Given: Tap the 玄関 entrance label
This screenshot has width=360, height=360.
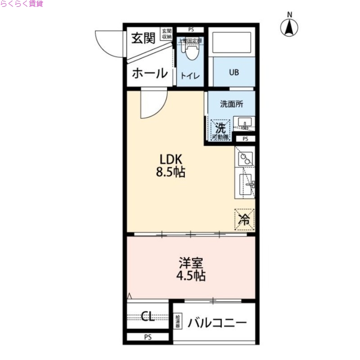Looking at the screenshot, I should click(143, 38).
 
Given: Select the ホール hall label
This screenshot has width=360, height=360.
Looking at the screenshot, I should click(149, 73).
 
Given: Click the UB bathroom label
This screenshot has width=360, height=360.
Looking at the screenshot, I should click(234, 72).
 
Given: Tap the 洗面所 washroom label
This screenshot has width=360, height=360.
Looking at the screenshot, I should click(231, 104).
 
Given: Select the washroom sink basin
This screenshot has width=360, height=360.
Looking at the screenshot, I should click(245, 122).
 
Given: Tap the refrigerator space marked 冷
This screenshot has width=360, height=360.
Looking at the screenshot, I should click(244, 220).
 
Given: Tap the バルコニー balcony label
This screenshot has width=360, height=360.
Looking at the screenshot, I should click(217, 323).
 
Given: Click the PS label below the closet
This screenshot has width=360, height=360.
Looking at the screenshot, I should click(148, 337).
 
